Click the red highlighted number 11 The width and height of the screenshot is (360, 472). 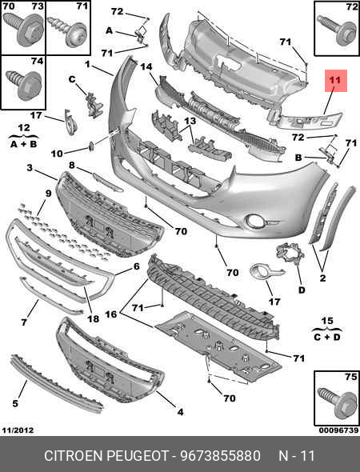pos(334,81)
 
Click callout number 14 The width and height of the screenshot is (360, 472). pos(146,69)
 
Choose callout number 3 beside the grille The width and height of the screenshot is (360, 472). pos(30,168)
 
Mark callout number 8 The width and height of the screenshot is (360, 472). pos(71,166)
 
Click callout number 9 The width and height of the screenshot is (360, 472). pos(48,193)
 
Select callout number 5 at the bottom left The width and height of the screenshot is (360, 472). pos(14,404)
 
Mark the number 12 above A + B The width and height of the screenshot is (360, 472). pos(24,127)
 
